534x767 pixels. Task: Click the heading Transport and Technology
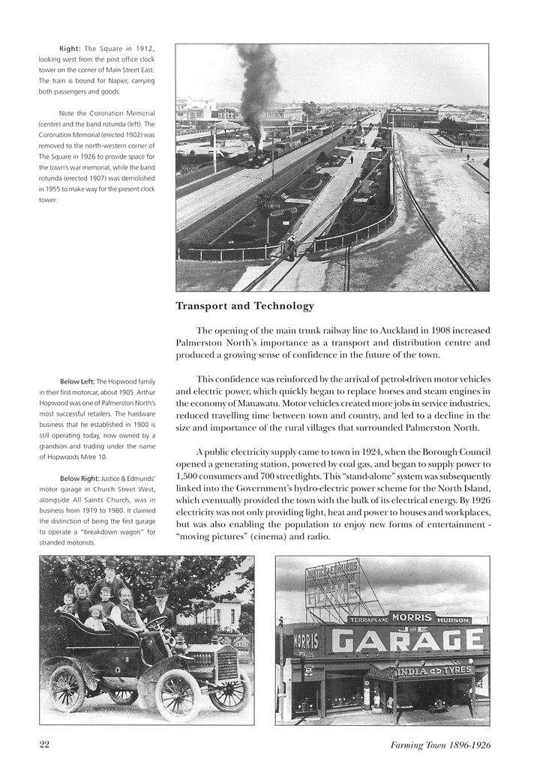coord(244,306)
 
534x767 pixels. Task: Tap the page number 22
coord(44,744)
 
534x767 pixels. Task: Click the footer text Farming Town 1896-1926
coord(440,745)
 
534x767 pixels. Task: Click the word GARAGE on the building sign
coord(407,640)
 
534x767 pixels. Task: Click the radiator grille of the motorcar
coord(226,664)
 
